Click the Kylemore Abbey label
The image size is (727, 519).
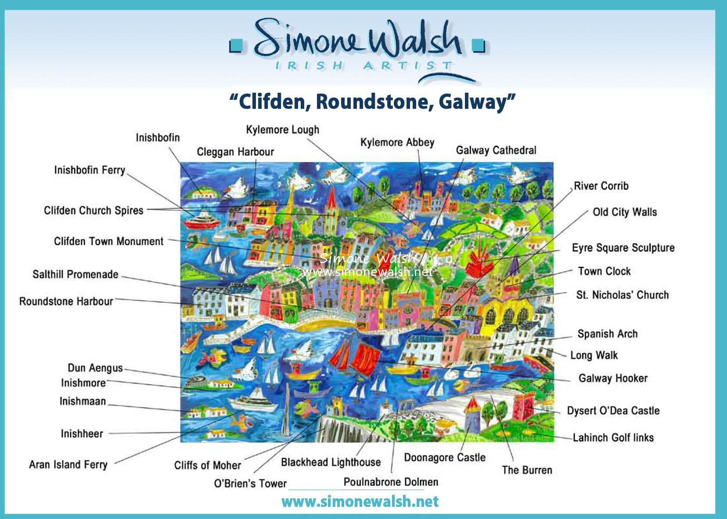point(397,142)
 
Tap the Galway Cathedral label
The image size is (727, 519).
point(496,150)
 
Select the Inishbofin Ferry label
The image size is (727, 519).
point(90,170)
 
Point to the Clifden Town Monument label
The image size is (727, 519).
point(109,241)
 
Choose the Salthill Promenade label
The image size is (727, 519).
point(76,274)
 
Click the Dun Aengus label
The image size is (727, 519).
point(95,368)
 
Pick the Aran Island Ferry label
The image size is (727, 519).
point(68,465)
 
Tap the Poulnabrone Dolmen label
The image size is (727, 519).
point(391,482)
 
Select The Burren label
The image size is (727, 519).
point(527,470)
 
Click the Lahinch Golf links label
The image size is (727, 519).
point(613,437)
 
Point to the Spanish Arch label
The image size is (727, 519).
point(608,334)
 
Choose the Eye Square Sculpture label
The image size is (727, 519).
point(623,248)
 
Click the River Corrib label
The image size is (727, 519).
point(601,186)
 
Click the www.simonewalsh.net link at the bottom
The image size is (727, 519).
point(360,501)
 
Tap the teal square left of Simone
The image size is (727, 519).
point(236,46)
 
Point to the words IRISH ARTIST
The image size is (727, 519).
point(364,65)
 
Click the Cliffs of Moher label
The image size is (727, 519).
point(208,465)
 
